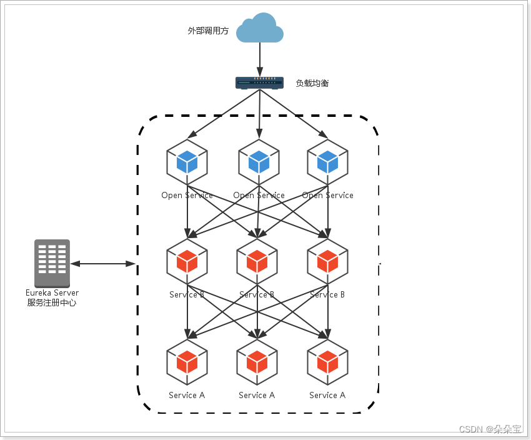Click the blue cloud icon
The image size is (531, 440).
[259, 29]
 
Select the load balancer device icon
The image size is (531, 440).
[259, 82]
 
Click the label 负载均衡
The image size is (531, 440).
[312, 83]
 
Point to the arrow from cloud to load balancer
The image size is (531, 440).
[259, 59]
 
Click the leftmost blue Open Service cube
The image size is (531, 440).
[187, 161]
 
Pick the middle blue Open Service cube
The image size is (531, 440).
[259, 161]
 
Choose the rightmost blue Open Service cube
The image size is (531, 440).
[327, 161]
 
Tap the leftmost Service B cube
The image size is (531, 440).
[187, 261]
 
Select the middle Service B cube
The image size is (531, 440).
[257, 261]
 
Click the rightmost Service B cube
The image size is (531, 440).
[327, 261]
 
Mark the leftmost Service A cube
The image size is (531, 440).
[187, 361]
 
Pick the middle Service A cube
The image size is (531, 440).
[257, 361]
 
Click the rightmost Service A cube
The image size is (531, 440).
[327, 361]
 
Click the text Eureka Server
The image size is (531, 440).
[52, 292]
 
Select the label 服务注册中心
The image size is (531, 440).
[52, 303]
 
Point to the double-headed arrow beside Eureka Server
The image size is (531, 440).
[103, 264]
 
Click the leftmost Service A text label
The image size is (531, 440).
[187, 395]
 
